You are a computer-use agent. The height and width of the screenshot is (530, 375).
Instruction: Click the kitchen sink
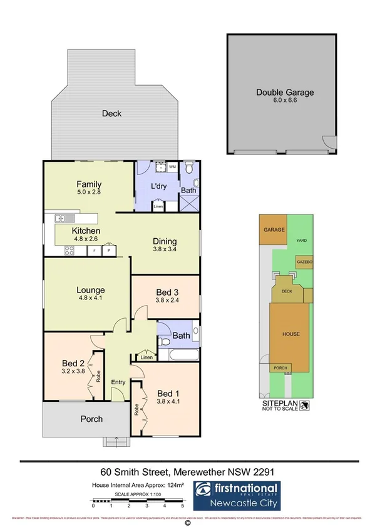(64, 218)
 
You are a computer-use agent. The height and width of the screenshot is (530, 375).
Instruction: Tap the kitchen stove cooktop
(68, 251)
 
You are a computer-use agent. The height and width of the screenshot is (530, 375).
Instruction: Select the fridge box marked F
(94, 251)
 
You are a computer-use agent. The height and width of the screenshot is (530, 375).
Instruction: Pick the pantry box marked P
(108, 251)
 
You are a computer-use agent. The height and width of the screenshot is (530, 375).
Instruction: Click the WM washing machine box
(172, 168)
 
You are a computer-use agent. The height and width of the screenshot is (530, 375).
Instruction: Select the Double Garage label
(285, 92)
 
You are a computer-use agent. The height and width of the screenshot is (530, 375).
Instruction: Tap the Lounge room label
(90, 290)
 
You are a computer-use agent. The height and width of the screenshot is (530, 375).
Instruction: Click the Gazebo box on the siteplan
(304, 261)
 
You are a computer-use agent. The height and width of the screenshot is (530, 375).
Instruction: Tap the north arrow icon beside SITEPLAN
(304, 406)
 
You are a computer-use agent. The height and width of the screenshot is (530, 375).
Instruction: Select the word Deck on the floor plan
(112, 113)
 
